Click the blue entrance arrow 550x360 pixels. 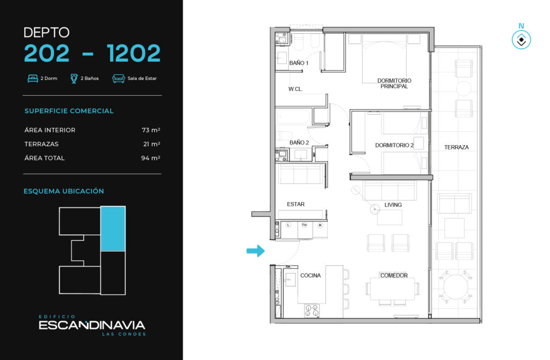point(256,251)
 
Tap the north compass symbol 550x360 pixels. point(521,39)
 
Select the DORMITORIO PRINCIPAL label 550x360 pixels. point(394,83)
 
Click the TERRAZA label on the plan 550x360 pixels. point(457,147)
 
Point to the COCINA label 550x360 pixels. point(310,276)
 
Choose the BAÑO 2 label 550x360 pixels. point(299,142)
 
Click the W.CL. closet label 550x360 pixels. point(295,89)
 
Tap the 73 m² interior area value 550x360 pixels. point(151,130)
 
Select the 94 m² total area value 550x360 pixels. point(151,158)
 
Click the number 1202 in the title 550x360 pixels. point(134,53)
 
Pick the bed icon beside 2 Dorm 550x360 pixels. point(33,78)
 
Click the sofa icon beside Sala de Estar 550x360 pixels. point(119,78)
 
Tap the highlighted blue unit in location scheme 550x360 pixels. point(113,229)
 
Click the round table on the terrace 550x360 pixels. point(455,287)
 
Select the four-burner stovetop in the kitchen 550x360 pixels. point(312,311)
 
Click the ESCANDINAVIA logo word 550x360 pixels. point(92,325)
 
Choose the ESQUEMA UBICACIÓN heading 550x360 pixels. point(64,191)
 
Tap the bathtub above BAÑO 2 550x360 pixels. point(293,117)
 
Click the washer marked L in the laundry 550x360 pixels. point(288,225)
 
